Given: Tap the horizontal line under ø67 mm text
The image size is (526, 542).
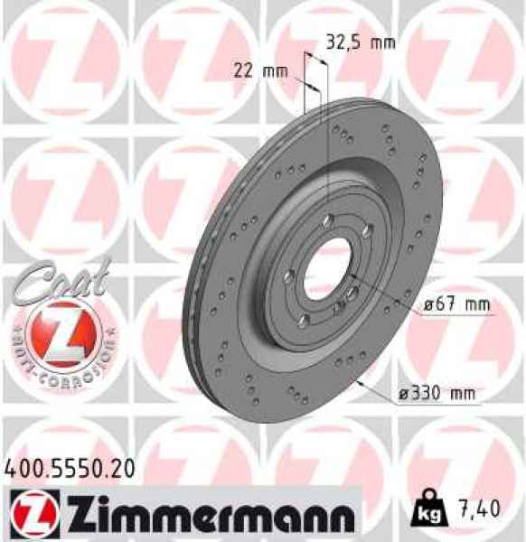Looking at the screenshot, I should (x=456, y=315).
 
